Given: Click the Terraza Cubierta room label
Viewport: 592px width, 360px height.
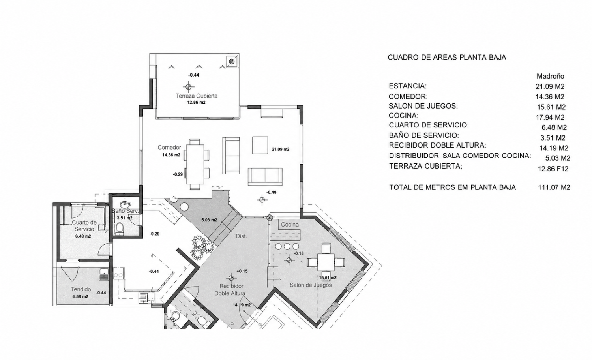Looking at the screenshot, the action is [197, 96].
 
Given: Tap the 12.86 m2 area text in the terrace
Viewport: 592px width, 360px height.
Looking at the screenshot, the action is [196, 103].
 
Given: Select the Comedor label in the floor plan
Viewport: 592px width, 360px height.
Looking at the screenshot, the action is [169, 147].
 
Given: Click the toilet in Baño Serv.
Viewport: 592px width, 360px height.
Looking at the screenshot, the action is [120, 229].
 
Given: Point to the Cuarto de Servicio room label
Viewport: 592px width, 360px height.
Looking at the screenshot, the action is [84, 226].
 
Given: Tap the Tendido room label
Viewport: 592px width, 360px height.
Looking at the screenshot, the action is [81, 289].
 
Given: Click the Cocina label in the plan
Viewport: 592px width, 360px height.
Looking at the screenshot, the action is [290, 225].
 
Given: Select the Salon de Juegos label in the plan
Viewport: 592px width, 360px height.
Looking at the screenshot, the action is [311, 285].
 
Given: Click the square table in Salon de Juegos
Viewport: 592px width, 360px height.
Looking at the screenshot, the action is [326, 262].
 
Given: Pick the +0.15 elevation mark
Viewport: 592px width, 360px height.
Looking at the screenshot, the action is [242, 271].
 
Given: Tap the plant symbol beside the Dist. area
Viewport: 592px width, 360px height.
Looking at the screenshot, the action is [202, 247].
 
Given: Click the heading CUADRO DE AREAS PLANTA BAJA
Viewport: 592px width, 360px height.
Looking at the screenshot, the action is [447, 57].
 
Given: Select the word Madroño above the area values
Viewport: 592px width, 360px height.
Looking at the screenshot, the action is [550, 77].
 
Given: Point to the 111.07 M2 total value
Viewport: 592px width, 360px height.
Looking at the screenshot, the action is [554, 187].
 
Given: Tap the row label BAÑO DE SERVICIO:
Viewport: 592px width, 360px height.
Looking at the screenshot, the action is [424, 135].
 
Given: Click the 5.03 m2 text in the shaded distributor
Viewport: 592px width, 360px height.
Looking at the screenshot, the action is [209, 220].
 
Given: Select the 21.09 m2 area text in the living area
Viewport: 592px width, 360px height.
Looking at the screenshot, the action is [280, 149].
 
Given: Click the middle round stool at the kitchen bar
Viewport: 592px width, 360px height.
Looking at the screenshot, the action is [287, 246].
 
